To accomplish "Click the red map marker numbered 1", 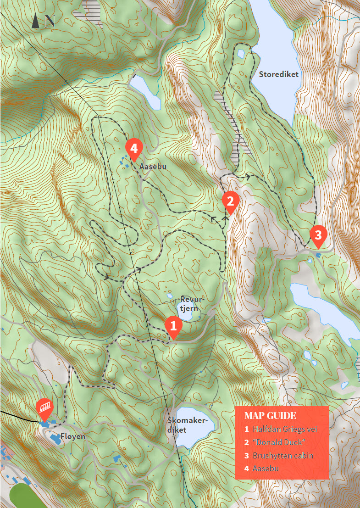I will tap(173, 326).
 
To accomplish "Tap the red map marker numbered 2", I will tap(230, 201).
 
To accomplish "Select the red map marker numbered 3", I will tap(318, 235).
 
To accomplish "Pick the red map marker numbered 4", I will tap(133, 149).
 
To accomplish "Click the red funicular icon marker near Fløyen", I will tap(45, 408).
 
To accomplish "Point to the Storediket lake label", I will tap(278, 74).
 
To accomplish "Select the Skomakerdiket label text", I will tap(188, 425).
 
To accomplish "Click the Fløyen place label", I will tap(74, 436).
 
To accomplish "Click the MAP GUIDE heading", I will tap(270, 416).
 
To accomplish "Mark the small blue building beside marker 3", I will tap(318, 255).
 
